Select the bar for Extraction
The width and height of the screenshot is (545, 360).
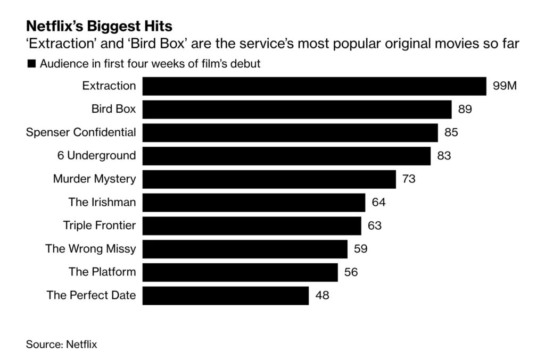pyautogui.click(x=314, y=86)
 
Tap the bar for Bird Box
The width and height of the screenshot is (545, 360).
pyautogui.click(x=296, y=110)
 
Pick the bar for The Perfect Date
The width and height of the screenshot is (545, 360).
pyautogui.click(x=225, y=295)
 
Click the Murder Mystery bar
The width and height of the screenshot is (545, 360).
pyautogui.click(x=269, y=179)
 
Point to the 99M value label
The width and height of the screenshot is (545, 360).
pyautogui.click(x=505, y=86)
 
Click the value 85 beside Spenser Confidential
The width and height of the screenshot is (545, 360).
pyautogui.click(x=451, y=132)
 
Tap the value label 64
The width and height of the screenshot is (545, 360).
pyautogui.click(x=378, y=202)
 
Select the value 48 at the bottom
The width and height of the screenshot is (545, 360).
pyautogui.click(x=322, y=295)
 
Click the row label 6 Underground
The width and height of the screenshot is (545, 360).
pyautogui.click(x=96, y=156)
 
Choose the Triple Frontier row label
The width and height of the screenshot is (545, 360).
pyautogui.click(x=99, y=225)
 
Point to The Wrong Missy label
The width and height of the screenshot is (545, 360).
pyautogui.click(x=90, y=248)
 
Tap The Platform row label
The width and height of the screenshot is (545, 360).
pyautogui.click(x=102, y=272)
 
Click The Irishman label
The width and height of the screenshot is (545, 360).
pyautogui.click(x=102, y=202)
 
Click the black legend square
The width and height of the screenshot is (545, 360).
pyautogui.click(x=31, y=64)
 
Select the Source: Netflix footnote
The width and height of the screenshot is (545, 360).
pyautogui.click(x=62, y=344)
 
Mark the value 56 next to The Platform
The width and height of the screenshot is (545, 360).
pyautogui.click(x=351, y=272)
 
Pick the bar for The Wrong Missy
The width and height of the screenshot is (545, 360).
pyautogui.click(x=245, y=248)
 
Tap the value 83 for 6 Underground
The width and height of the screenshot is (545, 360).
pyautogui.click(x=444, y=156)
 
